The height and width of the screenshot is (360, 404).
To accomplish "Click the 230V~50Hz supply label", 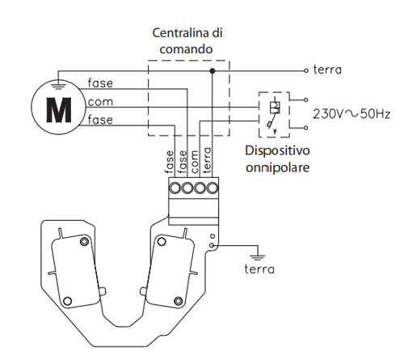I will tap(350, 114).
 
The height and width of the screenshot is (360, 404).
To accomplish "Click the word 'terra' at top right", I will tap(329, 70).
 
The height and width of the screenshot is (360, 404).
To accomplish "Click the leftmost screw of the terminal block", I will tap(175, 189).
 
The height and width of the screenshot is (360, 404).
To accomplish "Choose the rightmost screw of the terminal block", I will tap(213, 189).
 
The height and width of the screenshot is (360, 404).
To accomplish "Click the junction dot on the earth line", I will tap(213, 71).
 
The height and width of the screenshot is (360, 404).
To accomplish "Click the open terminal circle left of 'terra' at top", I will tap(305, 71).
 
